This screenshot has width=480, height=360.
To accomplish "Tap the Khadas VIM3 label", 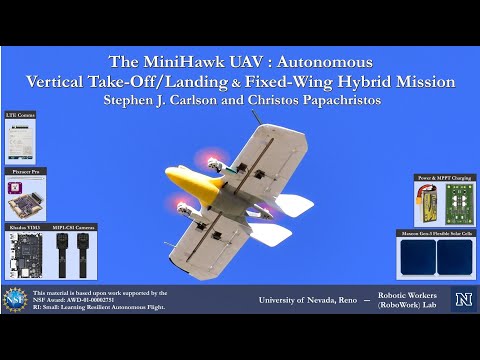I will pyautogui.click(x=24, y=228).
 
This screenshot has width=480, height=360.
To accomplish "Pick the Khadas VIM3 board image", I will pyautogui.click(x=24, y=256).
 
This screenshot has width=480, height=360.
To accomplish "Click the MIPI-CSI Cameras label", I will pyautogui.click(x=72, y=228).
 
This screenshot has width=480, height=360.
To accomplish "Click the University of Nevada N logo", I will pyautogui.click(x=462, y=300).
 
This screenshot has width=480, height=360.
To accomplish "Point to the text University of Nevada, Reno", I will pyautogui.click(x=306, y=299).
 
